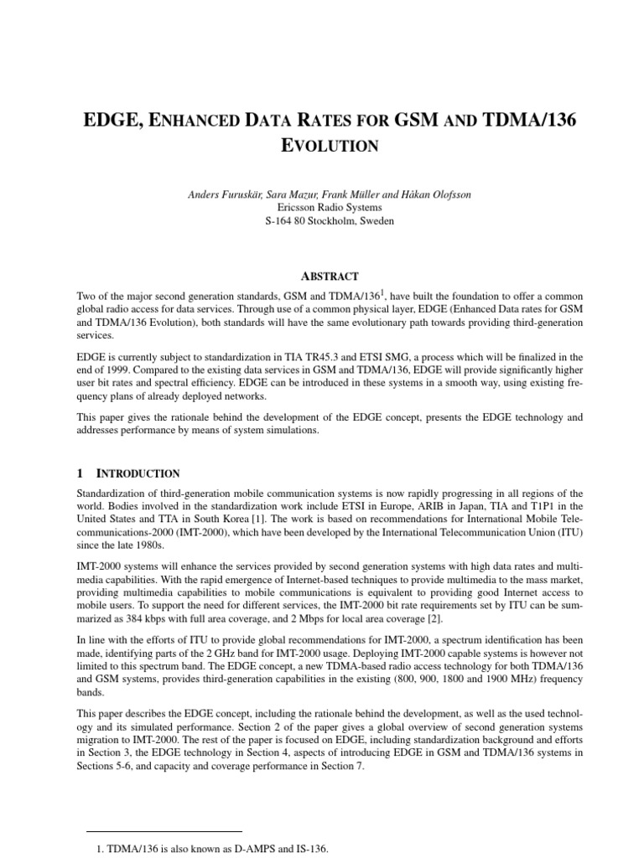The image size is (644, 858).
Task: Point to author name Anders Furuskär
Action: point(218,194)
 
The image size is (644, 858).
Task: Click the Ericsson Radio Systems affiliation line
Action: point(322,207)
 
